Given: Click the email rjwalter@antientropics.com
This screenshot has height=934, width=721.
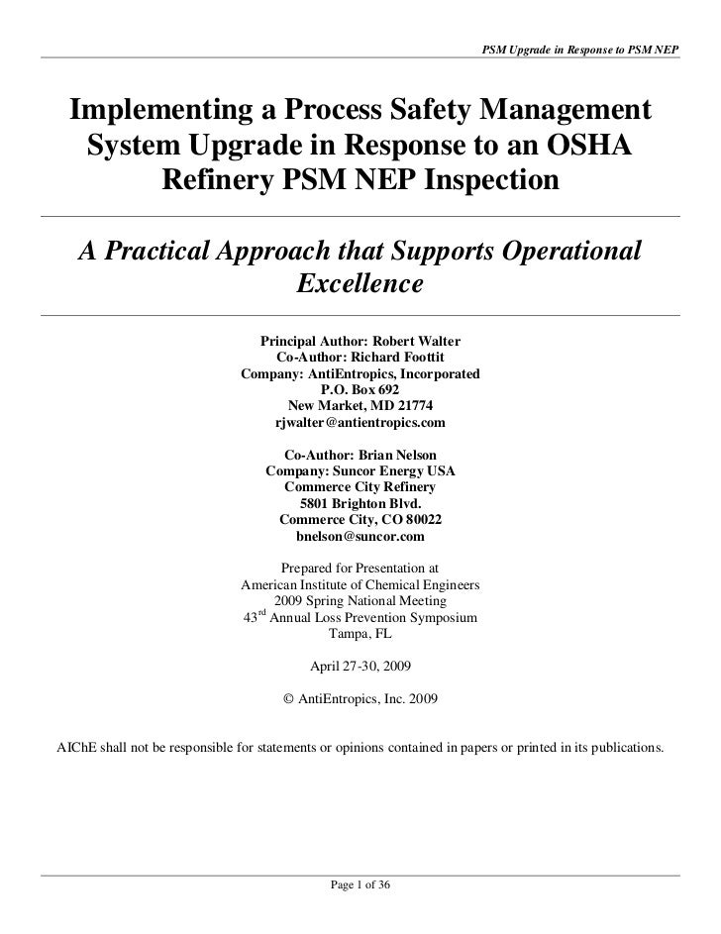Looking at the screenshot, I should tap(360, 423).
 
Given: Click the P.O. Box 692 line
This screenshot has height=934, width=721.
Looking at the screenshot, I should tap(360, 390).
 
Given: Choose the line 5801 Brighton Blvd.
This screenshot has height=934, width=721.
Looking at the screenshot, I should tap(360, 503).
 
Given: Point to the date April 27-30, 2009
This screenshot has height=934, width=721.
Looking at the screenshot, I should tap(360, 667).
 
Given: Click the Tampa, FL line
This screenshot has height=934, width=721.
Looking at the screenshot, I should tap(360, 635).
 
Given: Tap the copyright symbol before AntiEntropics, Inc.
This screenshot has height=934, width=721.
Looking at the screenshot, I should tap(289, 697).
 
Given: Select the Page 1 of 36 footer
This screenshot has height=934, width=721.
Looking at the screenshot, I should tap(360, 884).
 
